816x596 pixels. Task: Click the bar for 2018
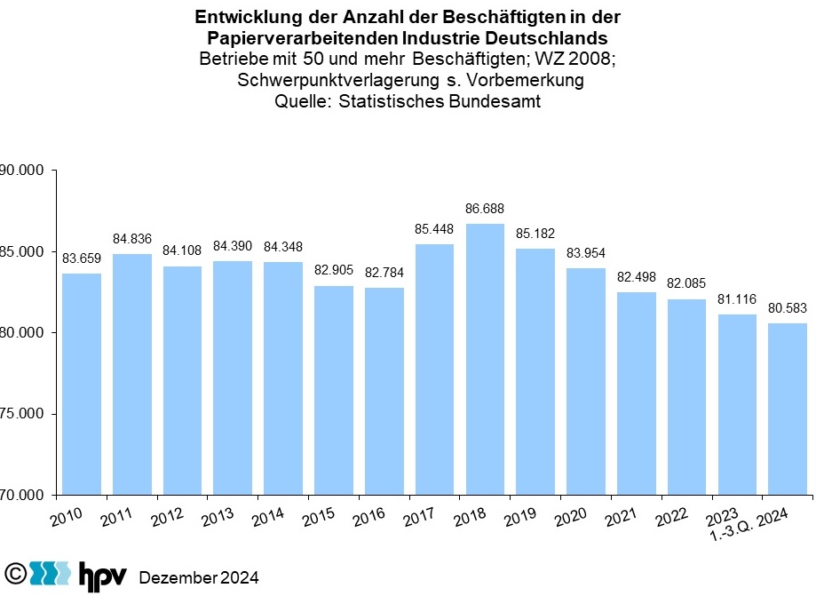point(485,359)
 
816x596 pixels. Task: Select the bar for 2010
point(81,384)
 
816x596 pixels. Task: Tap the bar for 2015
point(333,390)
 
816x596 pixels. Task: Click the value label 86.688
point(485,210)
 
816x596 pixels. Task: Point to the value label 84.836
point(131,239)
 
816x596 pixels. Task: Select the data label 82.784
point(384,273)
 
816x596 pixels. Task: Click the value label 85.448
point(434,229)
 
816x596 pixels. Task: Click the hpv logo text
point(102,575)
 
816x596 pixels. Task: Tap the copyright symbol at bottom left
point(14,573)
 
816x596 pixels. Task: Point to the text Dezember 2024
point(199,577)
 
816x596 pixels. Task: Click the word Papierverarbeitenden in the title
point(302,38)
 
